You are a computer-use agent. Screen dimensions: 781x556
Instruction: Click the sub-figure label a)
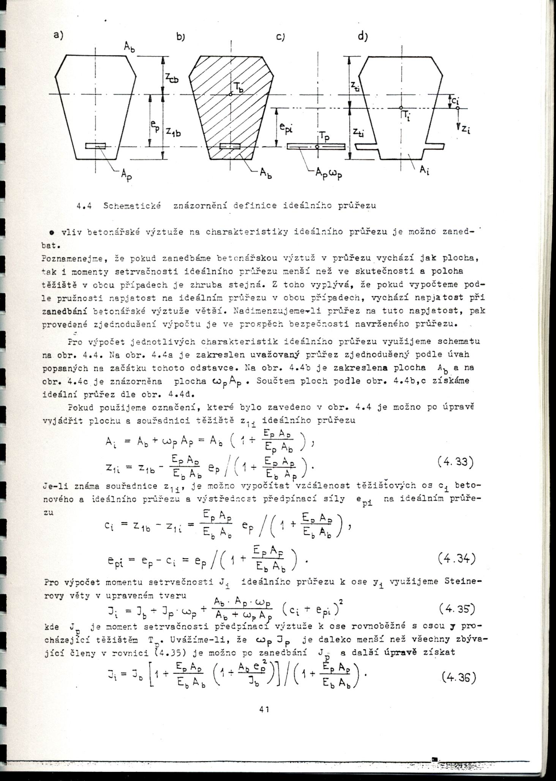pyautogui.click(x=58, y=35)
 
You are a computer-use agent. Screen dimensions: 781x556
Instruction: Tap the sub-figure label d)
pyautogui.click(x=363, y=36)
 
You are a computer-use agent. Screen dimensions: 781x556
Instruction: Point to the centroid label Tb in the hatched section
pyautogui.click(x=239, y=88)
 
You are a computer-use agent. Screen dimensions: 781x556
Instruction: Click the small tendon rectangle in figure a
pyautogui.click(x=95, y=146)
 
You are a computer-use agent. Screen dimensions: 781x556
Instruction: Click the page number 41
pyautogui.click(x=264, y=709)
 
